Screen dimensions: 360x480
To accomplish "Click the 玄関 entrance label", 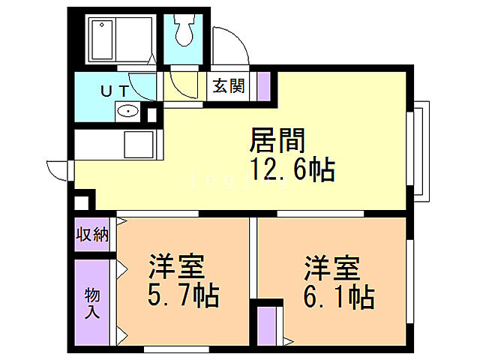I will click(x=227, y=85).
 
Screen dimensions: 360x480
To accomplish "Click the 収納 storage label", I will click(x=92, y=235).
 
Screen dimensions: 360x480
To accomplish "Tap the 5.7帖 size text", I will click(x=183, y=297).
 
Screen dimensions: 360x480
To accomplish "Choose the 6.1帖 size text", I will click(x=337, y=297).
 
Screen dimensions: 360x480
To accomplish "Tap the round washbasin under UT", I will click(x=129, y=112).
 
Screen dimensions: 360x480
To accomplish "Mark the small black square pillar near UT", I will click(x=152, y=115).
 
